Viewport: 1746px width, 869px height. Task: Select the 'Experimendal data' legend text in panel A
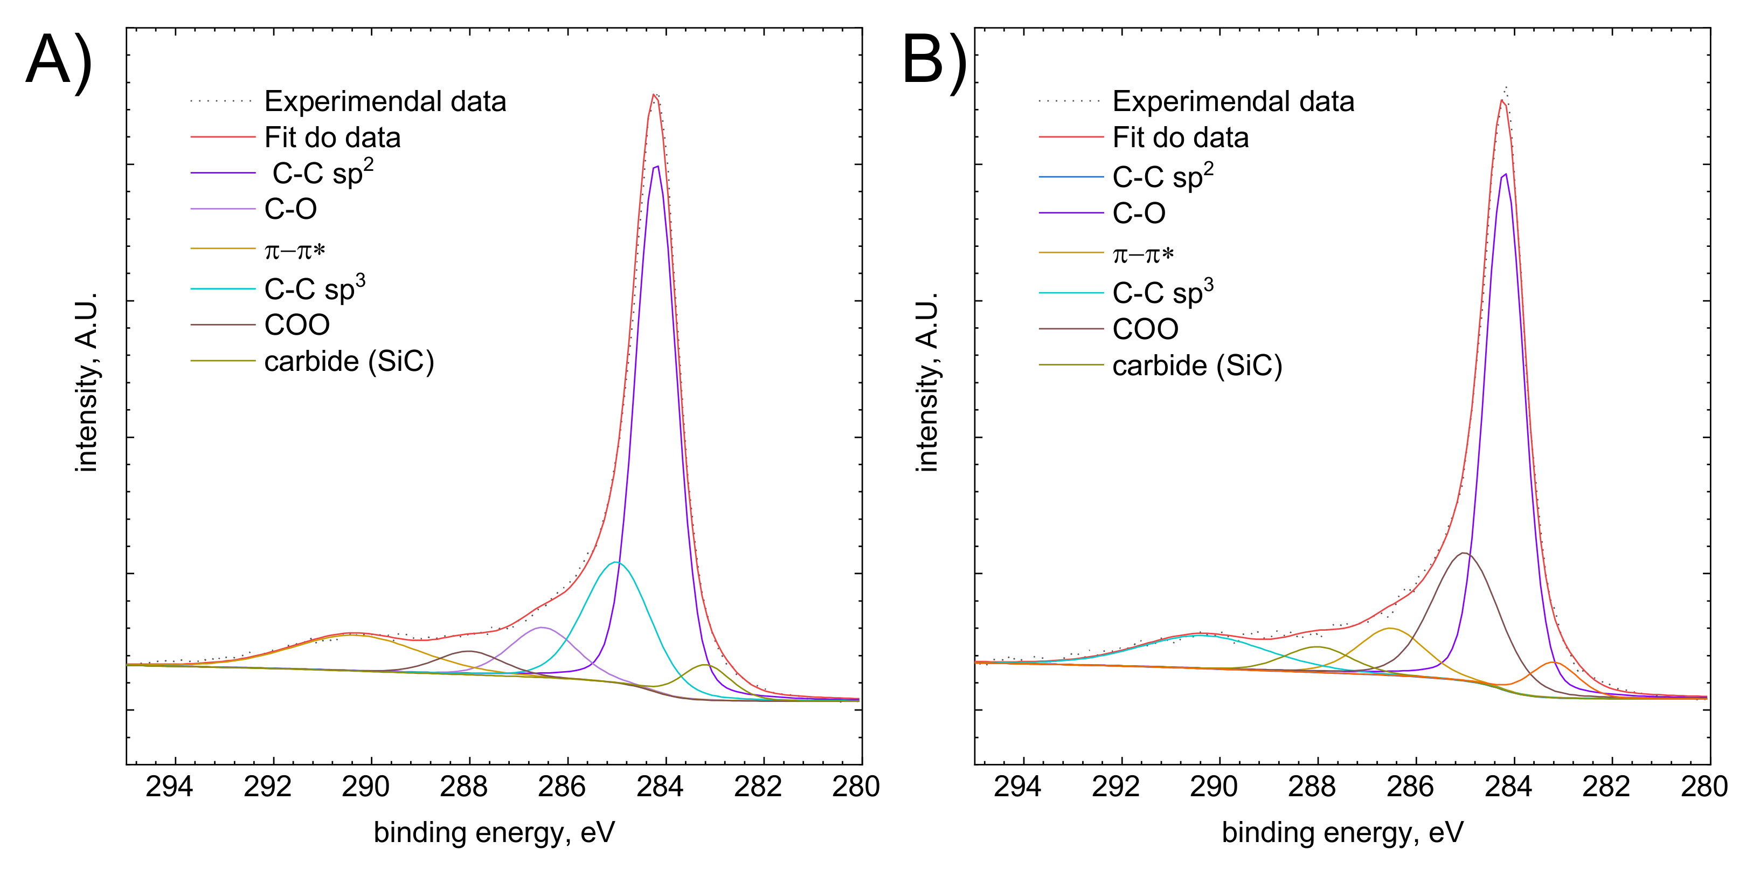coord(385,102)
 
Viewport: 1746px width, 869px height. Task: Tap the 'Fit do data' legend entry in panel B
coord(1180,137)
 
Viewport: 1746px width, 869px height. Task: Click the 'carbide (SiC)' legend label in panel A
coord(349,361)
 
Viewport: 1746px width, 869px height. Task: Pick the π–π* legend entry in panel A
coord(295,251)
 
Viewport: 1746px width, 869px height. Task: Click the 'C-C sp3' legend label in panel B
coord(1162,293)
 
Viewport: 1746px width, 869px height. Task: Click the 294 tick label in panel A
coord(169,787)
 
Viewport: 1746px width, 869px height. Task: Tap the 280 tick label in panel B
coord(1704,787)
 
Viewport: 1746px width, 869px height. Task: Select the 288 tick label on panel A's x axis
coord(463,787)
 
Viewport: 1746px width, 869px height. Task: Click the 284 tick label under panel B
coord(1508,787)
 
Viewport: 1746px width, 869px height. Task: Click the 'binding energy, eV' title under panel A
coord(494,832)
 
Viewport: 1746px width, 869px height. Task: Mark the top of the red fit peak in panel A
coord(653,94)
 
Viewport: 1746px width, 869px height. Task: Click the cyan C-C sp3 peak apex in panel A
coord(615,562)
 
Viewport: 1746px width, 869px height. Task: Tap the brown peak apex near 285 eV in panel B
coord(1464,553)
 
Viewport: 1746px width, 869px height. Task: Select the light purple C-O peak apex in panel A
coord(541,627)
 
